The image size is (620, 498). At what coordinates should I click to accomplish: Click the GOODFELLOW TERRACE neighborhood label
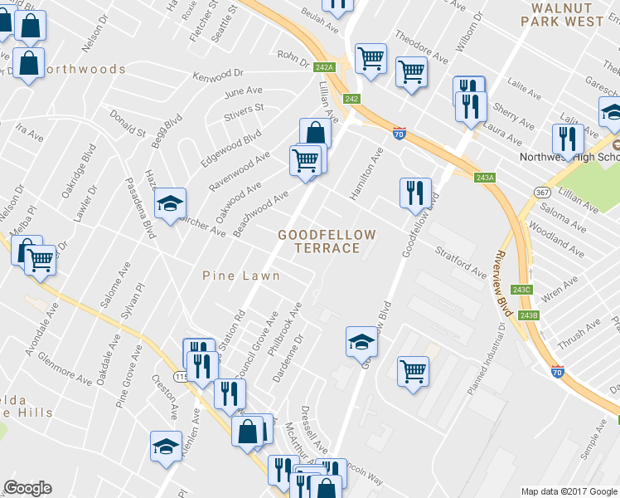coord(327,242)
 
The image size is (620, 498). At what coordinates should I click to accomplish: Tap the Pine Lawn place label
coord(240,275)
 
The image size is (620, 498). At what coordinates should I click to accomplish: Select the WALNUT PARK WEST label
coord(569,14)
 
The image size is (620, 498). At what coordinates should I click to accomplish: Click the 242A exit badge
coord(324,66)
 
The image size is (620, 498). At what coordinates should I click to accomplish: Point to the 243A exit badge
coord(485,178)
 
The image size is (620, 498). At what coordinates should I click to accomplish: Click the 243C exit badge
coord(521,290)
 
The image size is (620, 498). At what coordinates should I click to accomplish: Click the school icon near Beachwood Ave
coord(170,203)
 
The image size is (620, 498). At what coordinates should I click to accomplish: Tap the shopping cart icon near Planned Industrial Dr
coord(412,371)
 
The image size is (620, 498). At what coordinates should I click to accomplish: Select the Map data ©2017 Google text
coord(569,491)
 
